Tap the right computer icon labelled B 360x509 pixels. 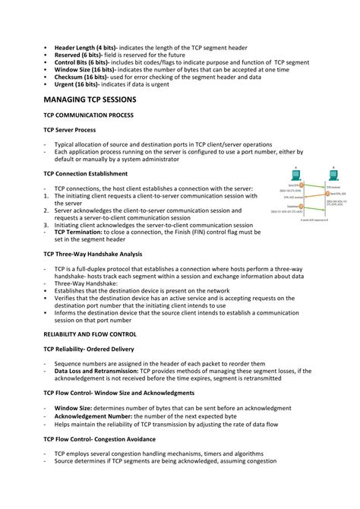[333, 174]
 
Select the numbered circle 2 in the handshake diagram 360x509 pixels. [327, 194]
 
